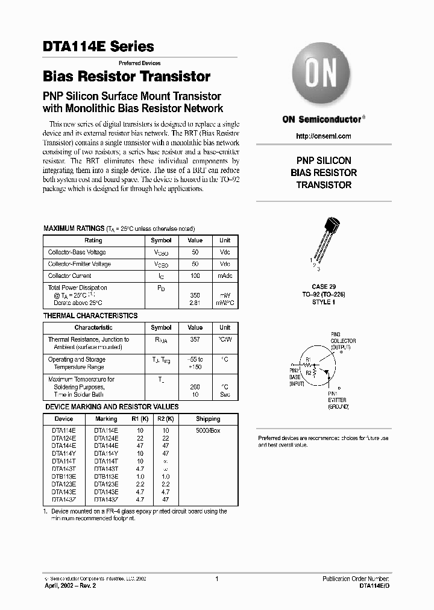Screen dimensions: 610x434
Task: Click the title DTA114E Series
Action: (98, 46)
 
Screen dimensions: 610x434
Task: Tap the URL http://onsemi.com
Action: (324, 136)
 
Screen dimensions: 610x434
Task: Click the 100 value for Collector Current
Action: (195, 275)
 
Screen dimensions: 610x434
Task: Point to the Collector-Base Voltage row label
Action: (77, 253)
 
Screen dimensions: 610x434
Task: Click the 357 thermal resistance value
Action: (195, 339)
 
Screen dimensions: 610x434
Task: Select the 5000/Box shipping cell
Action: (208, 430)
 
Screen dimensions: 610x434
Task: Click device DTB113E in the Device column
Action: (63, 476)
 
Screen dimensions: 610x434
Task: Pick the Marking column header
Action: (106, 418)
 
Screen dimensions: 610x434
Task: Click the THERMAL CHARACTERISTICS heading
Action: (90, 316)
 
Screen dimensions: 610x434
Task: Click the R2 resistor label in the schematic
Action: (309, 373)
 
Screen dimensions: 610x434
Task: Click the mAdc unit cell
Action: (225, 275)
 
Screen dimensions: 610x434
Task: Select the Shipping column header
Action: (208, 418)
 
